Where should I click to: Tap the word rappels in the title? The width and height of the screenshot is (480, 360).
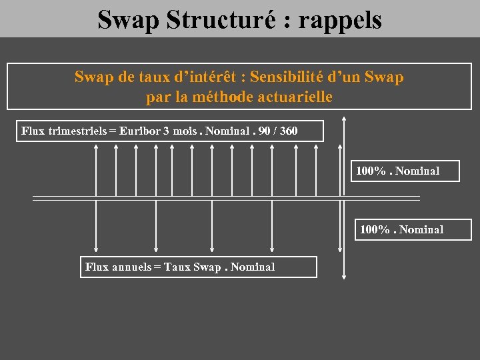click(x=340, y=20)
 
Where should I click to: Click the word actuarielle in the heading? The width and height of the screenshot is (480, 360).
click(x=294, y=97)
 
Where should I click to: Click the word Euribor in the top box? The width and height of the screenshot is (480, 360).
click(x=139, y=131)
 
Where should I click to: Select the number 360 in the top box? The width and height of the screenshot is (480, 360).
click(x=289, y=131)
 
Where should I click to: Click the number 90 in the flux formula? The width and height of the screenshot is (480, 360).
click(x=263, y=131)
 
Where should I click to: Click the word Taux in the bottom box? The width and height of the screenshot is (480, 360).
click(x=177, y=267)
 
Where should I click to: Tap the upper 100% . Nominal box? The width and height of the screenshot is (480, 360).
click(x=405, y=171)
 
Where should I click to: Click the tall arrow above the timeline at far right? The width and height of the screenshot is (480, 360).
click(x=344, y=157)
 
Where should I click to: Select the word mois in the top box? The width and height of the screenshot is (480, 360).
click(x=185, y=131)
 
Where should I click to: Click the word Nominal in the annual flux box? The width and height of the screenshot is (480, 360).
click(x=253, y=267)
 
